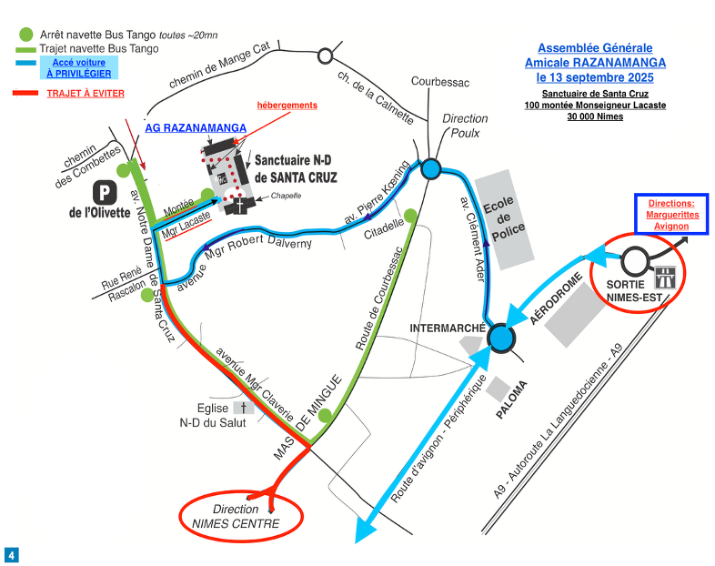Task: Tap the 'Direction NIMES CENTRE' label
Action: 235,516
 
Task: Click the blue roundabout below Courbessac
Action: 430,168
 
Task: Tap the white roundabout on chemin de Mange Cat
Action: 324,56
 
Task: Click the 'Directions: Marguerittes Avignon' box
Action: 670,215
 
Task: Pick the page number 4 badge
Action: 12,554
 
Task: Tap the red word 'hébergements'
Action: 287,106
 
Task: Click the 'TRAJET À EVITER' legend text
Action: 86,93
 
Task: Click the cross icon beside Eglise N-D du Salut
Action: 243,409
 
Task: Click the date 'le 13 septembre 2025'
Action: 595,77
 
